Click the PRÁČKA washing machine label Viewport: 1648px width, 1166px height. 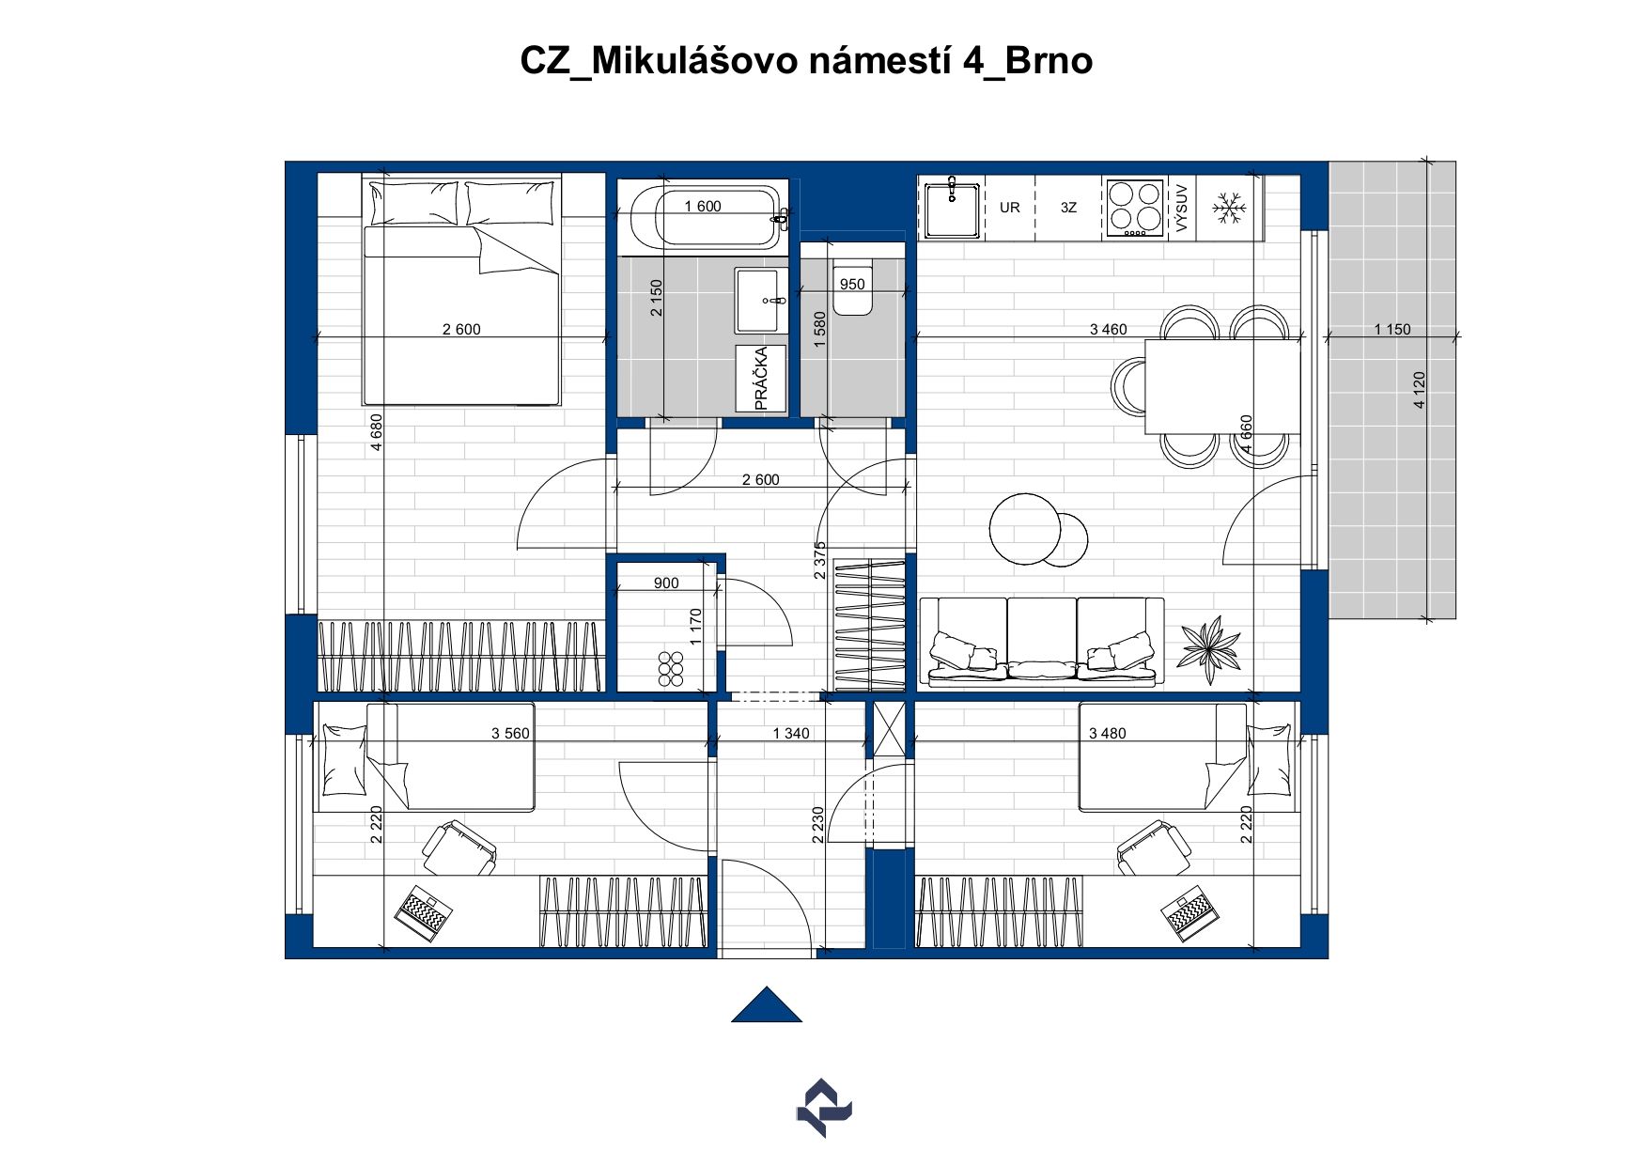[x=761, y=379]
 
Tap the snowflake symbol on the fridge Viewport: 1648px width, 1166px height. [x=1228, y=208]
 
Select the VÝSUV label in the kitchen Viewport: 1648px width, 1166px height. [x=1182, y=209]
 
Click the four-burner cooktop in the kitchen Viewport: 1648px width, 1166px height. [x=1134, y=208]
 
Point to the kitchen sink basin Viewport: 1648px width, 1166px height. [x=953, y=209]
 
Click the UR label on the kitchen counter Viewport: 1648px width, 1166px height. [x=1010, y=208]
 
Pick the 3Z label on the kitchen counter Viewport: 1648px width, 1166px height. [x=1068, y=208]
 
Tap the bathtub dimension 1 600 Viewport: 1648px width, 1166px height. [x=703, y=207]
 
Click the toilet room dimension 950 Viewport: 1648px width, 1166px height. [x=852, y=285]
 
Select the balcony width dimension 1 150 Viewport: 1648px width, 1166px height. [x=1391, y=330]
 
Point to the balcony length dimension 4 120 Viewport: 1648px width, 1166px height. [x=1419, y=390]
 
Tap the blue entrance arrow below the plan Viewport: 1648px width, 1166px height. [x=767, y=1004]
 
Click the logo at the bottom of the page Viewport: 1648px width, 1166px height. [x=824, y=1108]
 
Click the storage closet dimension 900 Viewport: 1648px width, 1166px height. [x=666, y=583]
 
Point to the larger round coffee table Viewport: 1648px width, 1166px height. [x=1025, y=529]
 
